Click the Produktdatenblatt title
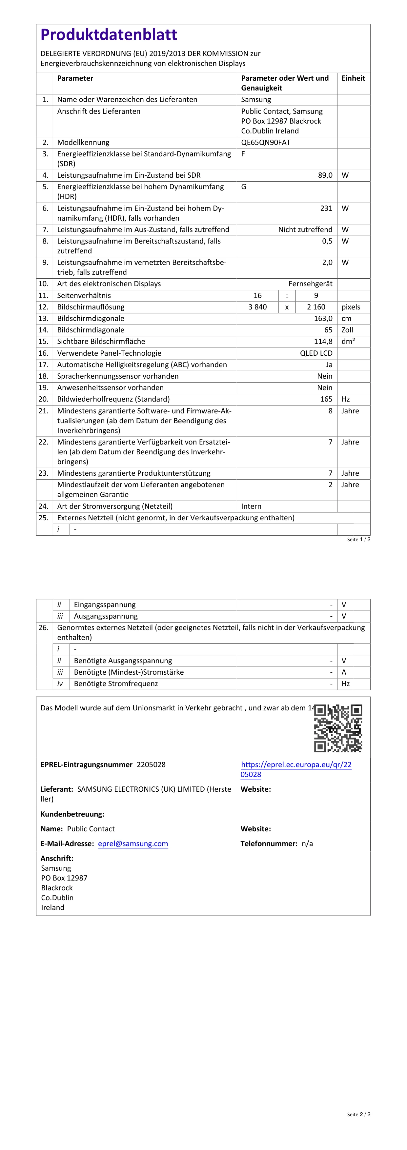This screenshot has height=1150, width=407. point(109,34)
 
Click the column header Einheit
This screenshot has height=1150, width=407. point(353,78)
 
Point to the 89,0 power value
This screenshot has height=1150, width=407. point(325,175)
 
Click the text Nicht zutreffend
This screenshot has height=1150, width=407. point(305,229)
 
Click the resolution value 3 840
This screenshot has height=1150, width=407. point(257,307)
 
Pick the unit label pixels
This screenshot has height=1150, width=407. point(351,307)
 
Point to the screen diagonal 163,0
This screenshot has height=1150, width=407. point(323,318)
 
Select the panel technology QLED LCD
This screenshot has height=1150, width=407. point(316,353)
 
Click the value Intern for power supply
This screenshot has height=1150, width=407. point(251,506)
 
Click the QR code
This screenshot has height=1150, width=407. point(338,728)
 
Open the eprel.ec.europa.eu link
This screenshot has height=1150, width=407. point(296,769)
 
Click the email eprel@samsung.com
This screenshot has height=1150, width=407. point(133,843)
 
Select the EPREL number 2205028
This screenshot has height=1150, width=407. point(151,764)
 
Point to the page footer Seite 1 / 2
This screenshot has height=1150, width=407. point(358,539)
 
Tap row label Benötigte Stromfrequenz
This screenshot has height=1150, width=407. point(116,684)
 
